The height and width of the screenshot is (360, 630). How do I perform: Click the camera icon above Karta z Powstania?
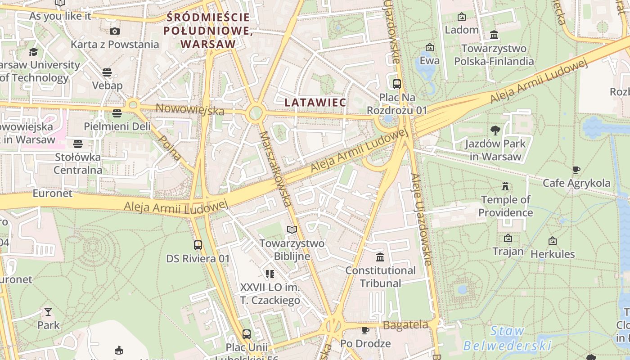(115, 31)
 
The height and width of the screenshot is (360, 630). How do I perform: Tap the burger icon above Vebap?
(107, 72)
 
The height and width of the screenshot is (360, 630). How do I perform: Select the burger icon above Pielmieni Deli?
(117, 113)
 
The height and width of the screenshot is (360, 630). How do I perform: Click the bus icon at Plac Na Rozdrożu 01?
(396, 84)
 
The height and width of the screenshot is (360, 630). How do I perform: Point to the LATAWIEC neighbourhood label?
(315, 103)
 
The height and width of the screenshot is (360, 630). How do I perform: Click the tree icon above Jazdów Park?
(495, 130)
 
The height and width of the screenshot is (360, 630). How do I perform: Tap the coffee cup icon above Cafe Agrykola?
(576, 170)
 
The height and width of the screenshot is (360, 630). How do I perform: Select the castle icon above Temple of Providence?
(505, 186)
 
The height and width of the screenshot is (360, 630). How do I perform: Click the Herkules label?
(553, 254)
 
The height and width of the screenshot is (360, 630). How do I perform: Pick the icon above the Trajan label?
(508, 238)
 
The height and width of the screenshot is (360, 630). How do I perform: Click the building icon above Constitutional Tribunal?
(380, 257)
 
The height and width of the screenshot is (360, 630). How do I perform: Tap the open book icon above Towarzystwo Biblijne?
(292, 230)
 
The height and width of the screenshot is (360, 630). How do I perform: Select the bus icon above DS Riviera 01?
(198, 245)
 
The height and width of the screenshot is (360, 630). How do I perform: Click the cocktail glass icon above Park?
(48, 311)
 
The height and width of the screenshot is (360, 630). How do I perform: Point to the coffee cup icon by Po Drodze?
(365, 331)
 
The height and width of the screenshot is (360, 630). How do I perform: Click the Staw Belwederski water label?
(507, 338)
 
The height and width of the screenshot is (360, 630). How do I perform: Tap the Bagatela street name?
(405, 325)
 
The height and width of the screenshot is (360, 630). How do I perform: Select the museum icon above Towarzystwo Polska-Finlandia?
(494, 35)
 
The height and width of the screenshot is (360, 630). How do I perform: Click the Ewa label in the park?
(429, 60)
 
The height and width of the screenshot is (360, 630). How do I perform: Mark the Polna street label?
(171, 148)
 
